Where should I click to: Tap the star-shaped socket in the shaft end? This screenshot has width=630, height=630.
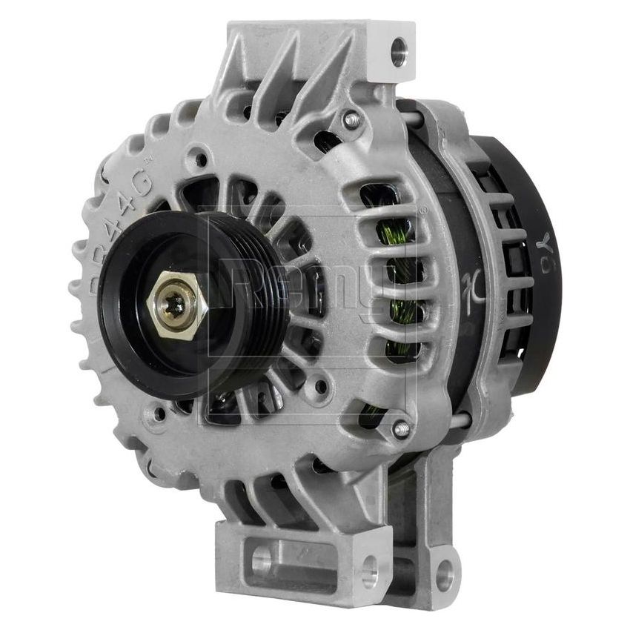click(x=176, y=305)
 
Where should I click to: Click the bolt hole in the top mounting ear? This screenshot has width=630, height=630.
click(x=399, y=51)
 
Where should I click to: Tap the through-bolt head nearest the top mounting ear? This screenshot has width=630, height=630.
click(x=351, y=119)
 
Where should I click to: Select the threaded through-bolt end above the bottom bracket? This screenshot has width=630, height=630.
click(x=400, y=428)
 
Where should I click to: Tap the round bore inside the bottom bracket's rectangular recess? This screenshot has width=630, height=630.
click(x=261, y=561)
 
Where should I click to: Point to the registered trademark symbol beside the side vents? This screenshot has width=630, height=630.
click(x=423, y=210)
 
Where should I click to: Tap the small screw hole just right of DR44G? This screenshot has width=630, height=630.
click(x=200, y=157)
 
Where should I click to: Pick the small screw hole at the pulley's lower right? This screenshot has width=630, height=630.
click(x=320, y=385)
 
